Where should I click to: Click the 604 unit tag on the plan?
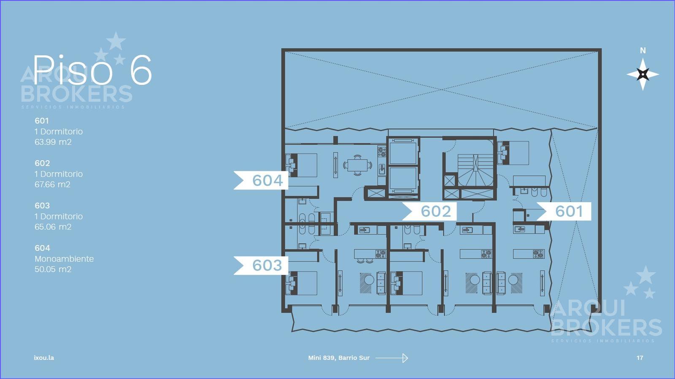(261, 180)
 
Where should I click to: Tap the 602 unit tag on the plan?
(429, 211)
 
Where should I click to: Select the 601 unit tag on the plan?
(564, 211)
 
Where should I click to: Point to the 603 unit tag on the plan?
(261, 265)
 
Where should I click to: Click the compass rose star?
(643, 74)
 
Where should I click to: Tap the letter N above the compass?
(643, 51)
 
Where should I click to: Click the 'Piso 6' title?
(92, 70)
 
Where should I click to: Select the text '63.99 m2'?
(53, 142)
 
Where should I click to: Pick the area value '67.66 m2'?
(52, 184)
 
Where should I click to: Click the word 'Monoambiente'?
(64, 259)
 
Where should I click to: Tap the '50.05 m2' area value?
(53, 269)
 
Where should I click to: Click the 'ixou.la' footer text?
(44, 358)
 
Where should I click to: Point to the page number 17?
(640, 358)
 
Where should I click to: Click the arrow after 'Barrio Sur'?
(392, 358)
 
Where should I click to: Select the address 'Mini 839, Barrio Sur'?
(339, 358)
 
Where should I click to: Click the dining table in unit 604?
(357, 165)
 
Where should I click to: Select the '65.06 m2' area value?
(53, 227)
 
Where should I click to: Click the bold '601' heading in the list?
(42, 121)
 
